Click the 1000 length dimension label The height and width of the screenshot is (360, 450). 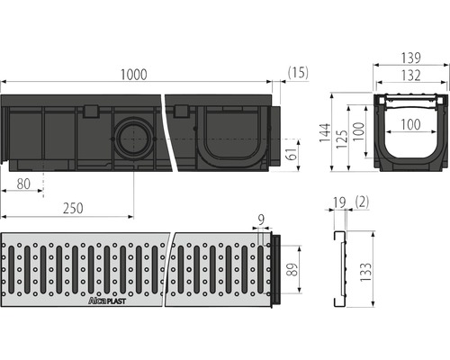[x=133, y=75]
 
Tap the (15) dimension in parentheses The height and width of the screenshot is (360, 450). [x=298, y=73]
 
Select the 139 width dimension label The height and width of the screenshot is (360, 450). [x=410, y=58]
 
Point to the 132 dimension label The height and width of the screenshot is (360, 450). [x=410, y=76]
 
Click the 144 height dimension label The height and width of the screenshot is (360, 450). [x=325, y=132]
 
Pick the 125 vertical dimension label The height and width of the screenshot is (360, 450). [x=342, y=139]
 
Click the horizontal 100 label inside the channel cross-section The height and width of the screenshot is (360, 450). [x=410, y=124]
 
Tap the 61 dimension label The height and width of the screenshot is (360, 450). [x=293, y=154]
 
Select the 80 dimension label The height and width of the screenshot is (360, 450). [x=23, y=184]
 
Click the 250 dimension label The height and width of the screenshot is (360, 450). [x=73, y=208]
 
